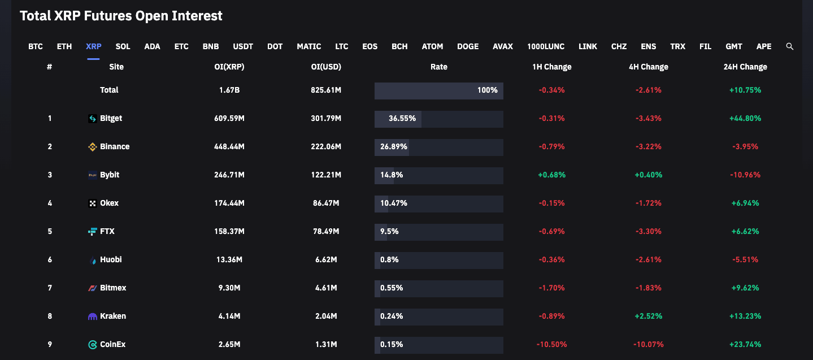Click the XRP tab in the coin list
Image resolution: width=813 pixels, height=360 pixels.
[x=93, y=46]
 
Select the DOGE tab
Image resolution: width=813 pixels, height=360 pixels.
[x=467, y=46]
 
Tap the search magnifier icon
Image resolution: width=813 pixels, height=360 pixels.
[x=790, y=46]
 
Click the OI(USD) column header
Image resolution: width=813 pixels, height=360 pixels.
[x=326, y=67]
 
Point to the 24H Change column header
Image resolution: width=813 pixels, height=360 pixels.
[x=745, y=67]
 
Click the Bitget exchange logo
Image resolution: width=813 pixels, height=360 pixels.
[x=93, y=119]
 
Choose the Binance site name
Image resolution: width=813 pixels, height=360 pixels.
[x=115, y=146]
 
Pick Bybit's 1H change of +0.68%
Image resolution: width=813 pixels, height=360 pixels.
[x=551, y=175]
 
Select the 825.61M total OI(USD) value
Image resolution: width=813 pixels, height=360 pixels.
[x=326, y=90]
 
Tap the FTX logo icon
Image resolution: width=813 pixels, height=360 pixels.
[x=93, y=231]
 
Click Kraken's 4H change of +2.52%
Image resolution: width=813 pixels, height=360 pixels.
[x=648, y=316]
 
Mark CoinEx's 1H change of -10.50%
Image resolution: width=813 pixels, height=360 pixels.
[x=551, y=344]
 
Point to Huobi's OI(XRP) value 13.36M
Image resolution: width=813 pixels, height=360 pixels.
[x=229, y=259]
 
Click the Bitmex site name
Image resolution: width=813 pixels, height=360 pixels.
[x=113, y=288]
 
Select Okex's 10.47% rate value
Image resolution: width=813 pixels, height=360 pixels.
[x=394, y=203]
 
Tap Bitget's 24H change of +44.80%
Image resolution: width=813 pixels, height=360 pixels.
[x=745, y=118]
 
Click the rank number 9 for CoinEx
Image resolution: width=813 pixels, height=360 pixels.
[x=50, y=344]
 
